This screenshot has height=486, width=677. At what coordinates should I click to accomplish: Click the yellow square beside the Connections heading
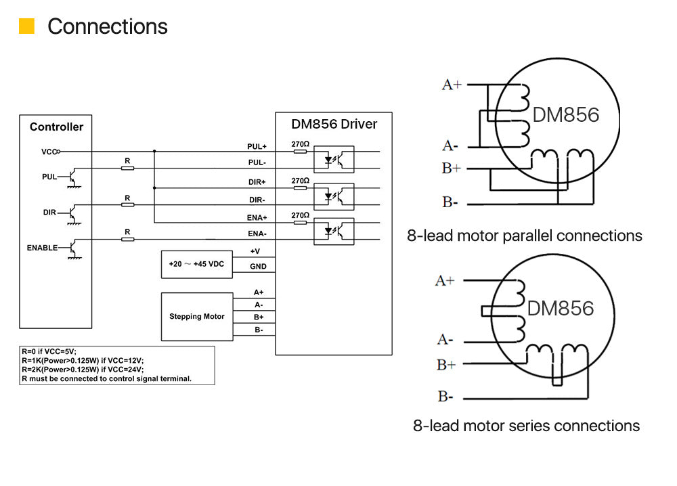[x=26, y=26]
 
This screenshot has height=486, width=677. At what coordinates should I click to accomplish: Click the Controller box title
[x=56, y=127]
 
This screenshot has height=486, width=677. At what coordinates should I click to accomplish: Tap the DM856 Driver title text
[x=334, y=124]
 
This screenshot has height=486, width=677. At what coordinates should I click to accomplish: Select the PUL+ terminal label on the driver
[x=257, y=146]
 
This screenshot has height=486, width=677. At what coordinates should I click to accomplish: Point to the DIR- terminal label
[x=257, y=200]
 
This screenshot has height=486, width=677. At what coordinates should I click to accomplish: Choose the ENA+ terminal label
[x=257, y=217]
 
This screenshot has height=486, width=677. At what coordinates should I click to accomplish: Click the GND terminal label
[x=258, y=267]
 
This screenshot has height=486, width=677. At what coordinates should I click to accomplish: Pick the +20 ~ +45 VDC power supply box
[x=196, y=264]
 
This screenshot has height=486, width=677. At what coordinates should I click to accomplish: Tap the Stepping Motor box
[x=196, y=316]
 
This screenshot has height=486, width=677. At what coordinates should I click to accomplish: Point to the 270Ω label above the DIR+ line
[x=300, y=181]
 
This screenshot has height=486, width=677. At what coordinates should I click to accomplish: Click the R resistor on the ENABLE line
[x=127, y=238]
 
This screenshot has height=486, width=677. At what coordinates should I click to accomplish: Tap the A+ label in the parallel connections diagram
[x=452, y=85]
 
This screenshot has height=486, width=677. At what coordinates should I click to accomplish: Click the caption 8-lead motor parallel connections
[x=524, y=236]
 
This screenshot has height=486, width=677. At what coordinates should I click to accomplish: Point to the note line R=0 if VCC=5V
[x=49, y=352]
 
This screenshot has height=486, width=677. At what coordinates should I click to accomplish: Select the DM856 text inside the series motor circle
[x=560, y=309]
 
